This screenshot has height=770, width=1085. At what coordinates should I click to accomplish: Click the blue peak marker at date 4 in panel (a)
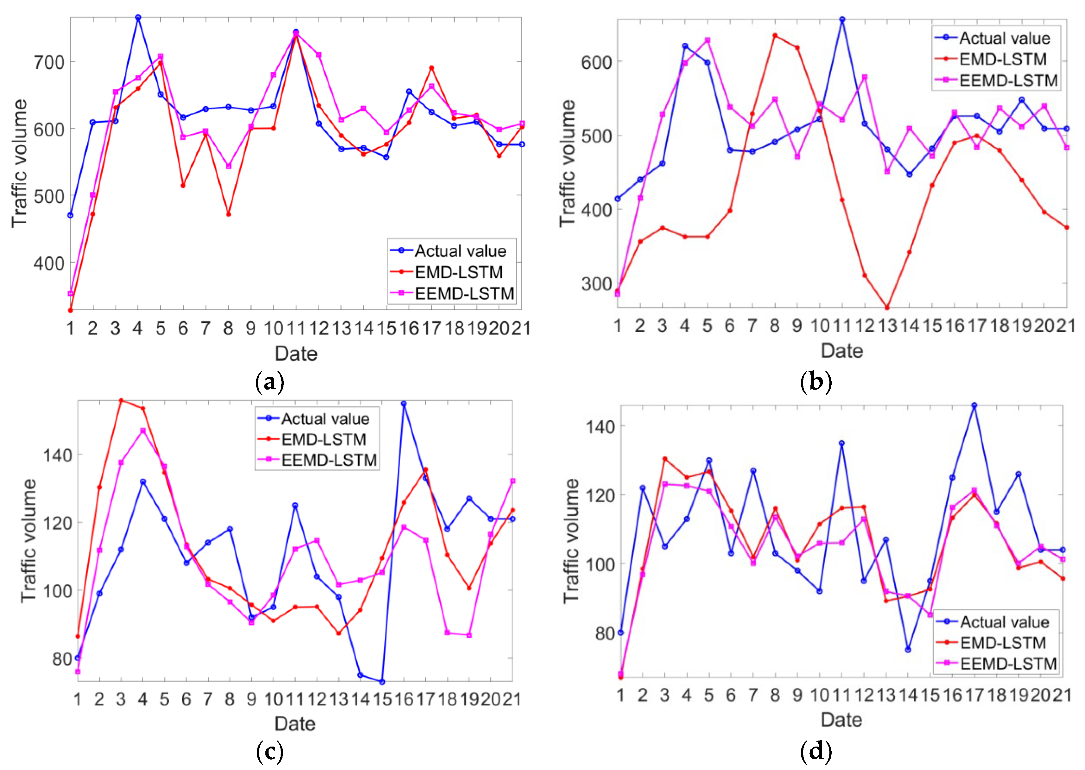(138, 17)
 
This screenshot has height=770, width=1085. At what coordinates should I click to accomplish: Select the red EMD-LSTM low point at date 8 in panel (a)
(228, 214)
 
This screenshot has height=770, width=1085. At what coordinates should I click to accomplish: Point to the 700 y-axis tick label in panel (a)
(49, 62)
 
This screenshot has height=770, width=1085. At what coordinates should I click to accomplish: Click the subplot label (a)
(270, 381)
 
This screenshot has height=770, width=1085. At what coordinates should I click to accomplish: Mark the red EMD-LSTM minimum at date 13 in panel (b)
(887, 308)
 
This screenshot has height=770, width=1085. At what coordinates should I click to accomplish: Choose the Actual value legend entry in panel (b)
(992, 38)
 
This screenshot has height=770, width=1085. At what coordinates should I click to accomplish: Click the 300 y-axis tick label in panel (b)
(597, 283)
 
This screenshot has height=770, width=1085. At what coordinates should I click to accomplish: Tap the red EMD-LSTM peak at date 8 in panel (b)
(775, 35)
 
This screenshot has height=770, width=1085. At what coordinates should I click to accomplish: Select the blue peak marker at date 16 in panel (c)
(404, 404)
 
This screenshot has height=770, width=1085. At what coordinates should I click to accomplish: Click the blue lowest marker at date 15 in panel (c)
(382, 682)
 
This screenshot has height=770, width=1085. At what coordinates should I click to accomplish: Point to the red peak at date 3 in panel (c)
(121, 400)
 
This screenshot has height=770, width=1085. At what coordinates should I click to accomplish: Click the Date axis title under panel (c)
(295, 723)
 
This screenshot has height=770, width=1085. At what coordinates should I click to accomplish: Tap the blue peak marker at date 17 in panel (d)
(974, 405)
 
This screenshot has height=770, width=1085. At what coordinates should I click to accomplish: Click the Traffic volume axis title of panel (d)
(571, 540)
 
